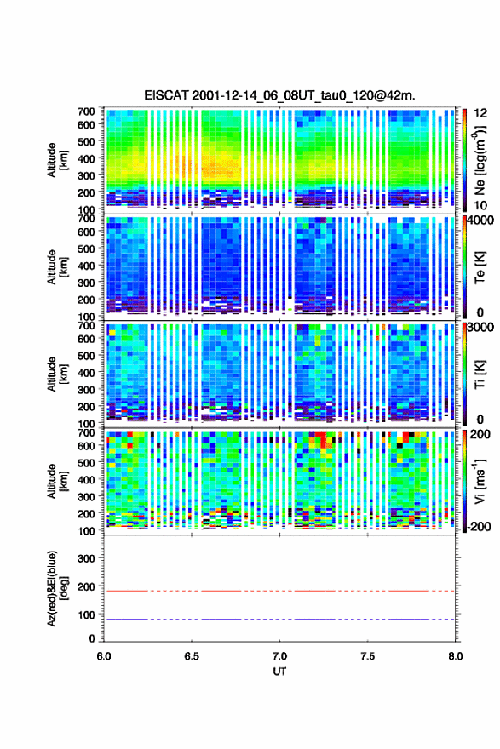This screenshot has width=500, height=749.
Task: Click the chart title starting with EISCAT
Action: point(279,95)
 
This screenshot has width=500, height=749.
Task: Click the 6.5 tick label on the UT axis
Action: point(191,656)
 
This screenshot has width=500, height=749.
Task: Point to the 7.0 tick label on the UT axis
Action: point(279,656)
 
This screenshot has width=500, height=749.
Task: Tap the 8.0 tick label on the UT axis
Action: point(456,656)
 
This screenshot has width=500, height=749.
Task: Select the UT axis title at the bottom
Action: point(279,672)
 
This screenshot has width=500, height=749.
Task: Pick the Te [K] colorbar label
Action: point(480,267)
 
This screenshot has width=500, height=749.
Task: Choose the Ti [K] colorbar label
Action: point(480,374)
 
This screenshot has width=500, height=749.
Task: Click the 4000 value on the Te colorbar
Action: point(481,220)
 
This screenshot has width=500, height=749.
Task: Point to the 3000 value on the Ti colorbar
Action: point(481,328)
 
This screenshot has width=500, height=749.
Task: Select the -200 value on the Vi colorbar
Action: point(479,526)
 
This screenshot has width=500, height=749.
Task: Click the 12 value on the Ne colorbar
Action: point(481,113)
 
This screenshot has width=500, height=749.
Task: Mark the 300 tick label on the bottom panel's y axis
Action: point(87,558)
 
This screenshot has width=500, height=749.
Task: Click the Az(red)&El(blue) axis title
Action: point(56,588)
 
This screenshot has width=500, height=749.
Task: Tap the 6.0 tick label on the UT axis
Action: point(104,656)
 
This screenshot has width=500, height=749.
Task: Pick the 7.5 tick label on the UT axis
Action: point(368,656)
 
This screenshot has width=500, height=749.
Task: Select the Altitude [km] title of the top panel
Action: point(56,160)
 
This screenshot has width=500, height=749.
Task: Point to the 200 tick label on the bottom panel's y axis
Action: point(87,586)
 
